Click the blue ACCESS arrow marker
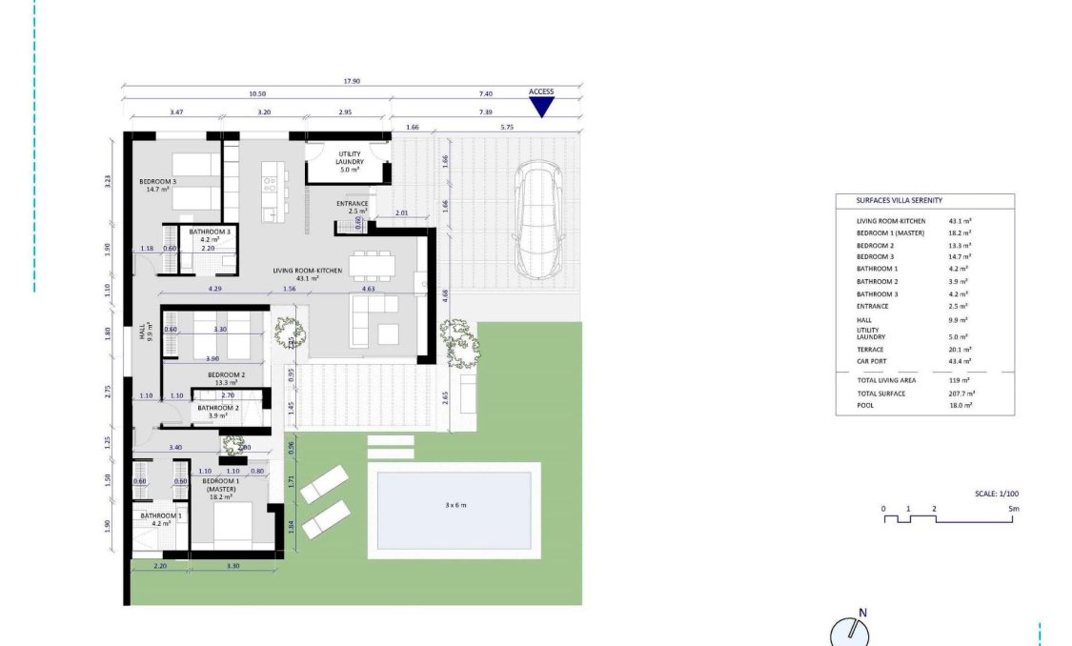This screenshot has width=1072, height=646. point(541,106)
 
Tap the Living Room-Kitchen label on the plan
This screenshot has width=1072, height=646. point(307,272)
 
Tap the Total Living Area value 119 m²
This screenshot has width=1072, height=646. point(959,379)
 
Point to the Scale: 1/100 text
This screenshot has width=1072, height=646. point(997,495)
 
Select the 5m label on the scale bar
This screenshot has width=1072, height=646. point(1014,509)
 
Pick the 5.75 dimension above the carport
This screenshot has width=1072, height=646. point(506,127)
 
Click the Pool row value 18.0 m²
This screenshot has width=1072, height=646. point(960,405)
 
